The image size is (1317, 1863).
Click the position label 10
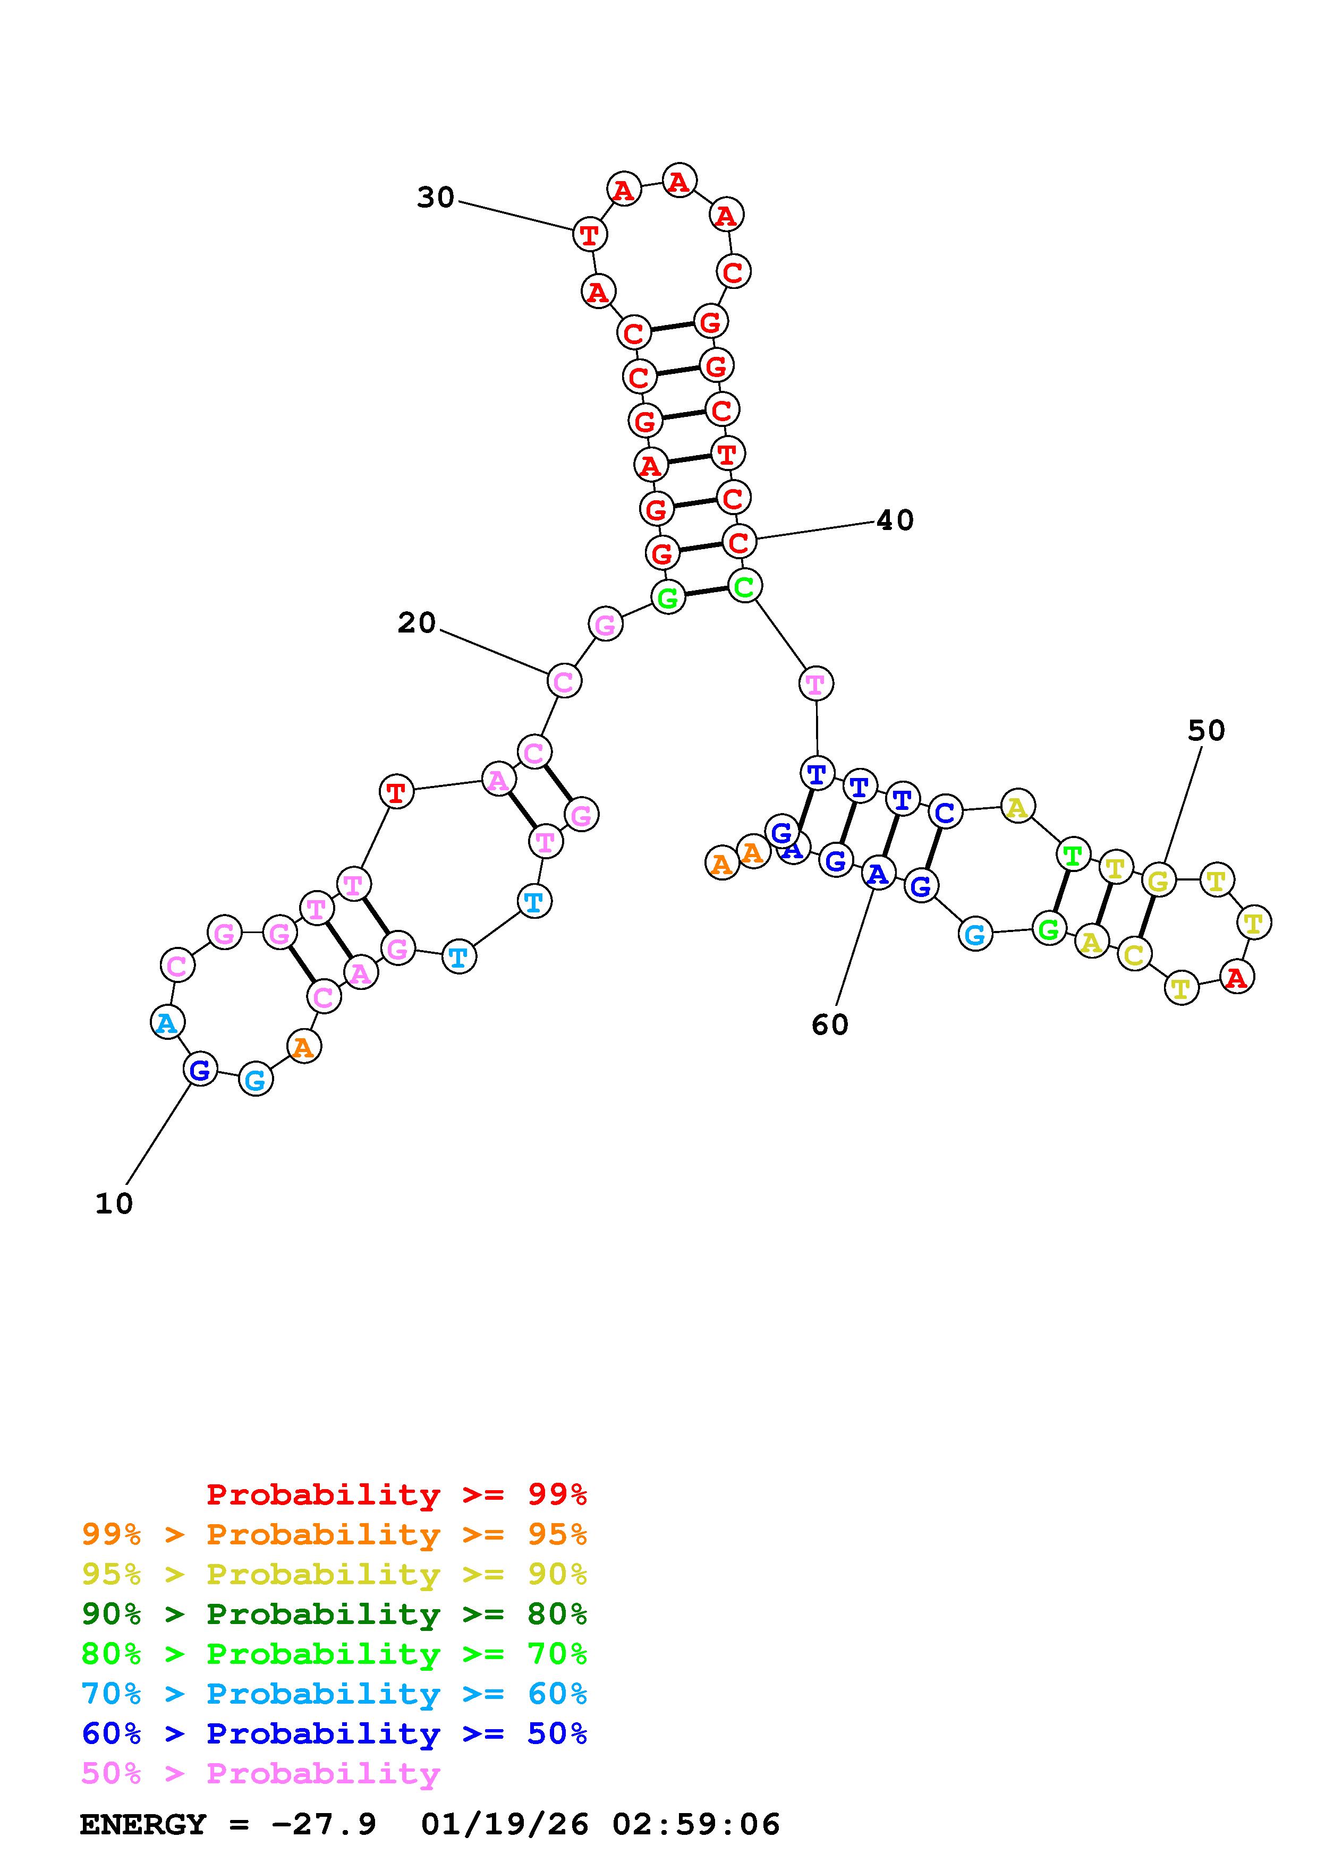(x=114, y=1203)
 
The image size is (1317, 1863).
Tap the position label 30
(x=436, y=197)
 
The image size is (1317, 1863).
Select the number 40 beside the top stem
(x=895, y=520)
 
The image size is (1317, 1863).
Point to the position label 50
(x=1206, y=731)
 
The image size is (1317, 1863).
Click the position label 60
(x=829, y=1025)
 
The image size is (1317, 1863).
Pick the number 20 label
(x=417, y=622)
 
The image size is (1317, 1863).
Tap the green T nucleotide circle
(x=1073, y=855)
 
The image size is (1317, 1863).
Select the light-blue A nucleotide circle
(x=167, y=1022)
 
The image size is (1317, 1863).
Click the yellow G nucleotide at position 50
(x=1158, y=881)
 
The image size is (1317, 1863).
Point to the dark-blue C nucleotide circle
(x=945, y=811)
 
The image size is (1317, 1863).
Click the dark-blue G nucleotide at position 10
(x=200, y=1070)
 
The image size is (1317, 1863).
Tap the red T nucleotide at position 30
(x=589, y=235)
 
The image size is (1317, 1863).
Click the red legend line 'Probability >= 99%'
(x=397, y=1494)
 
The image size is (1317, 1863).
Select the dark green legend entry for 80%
(x=334, y=1614)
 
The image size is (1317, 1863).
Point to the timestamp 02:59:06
(x=696, y=1825)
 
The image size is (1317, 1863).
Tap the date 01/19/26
(x=505, y=1825)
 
